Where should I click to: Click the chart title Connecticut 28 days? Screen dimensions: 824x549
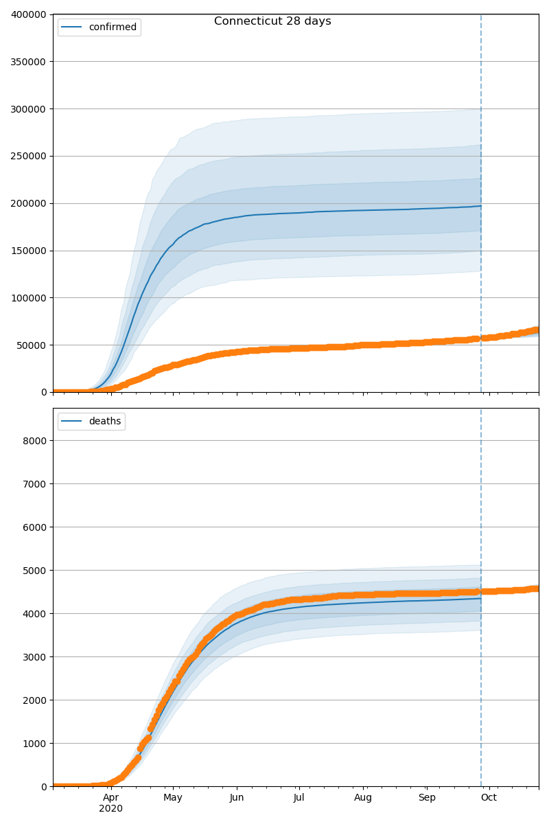point(272,21)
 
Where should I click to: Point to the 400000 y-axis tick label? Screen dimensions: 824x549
point(29,14)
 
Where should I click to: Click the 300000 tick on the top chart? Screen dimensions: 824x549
point(29,109)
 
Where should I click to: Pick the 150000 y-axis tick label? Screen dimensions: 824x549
point(29,251)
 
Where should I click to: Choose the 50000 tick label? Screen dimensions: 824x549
point(32,345)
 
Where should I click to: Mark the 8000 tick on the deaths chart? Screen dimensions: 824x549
point(35,441)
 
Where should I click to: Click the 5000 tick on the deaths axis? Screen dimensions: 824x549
point(35,571)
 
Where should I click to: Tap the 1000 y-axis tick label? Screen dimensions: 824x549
point(35,744)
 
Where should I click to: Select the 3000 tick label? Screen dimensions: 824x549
point(35,657)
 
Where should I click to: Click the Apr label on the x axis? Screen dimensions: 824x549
point(110,798)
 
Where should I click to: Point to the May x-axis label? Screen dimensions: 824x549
point(173,798)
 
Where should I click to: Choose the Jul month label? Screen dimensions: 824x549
point(299,798)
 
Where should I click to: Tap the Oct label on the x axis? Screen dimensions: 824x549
point(489,798)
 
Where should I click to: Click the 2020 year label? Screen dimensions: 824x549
point(110,809)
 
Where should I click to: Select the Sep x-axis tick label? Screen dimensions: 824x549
point(427,798)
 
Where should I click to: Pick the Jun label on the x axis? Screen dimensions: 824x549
point(237,798)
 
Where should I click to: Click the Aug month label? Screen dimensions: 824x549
point(363,798)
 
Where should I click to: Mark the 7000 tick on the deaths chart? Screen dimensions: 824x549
point(35,484)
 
